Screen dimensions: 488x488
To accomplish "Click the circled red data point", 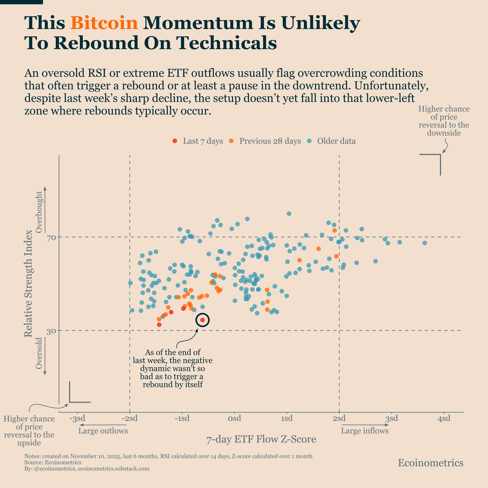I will coord(202,320).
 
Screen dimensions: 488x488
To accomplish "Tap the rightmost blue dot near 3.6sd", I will coord(425,243).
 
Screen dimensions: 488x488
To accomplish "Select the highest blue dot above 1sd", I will coord(289,214).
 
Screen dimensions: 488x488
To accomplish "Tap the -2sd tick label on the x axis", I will coord(130,418).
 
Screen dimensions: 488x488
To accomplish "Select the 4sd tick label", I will coord(444,418).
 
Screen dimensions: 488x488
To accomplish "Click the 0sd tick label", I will coord(234,418).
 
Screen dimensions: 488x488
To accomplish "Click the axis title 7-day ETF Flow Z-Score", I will coord(261,439).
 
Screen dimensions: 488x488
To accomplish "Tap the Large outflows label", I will coord(103,431).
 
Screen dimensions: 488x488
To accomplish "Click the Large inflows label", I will coord(364,431).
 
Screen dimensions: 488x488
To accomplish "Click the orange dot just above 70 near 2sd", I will coord(334,230).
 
